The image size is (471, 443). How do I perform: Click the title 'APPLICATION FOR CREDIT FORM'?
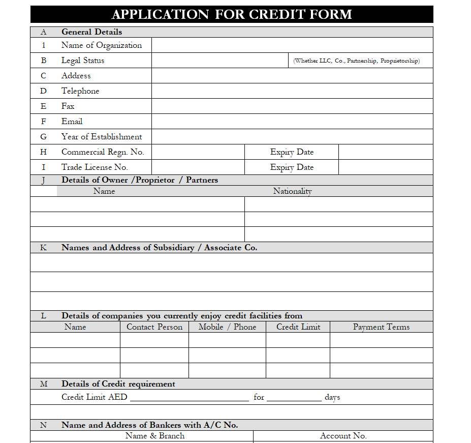click(232, 14)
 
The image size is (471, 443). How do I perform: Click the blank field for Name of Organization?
click(292, 45)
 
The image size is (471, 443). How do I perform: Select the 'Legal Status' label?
click(83, 61)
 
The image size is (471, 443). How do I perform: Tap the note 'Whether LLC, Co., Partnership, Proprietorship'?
click(356, 61)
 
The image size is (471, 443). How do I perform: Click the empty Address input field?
click(292, 76)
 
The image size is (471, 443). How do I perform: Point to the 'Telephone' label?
click(80, 91)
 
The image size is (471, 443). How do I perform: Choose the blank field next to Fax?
click(292, 106)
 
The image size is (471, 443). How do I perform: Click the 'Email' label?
click(72, 122)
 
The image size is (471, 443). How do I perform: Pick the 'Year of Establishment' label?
click(102, 137)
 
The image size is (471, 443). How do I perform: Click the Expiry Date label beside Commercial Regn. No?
click(292, 152)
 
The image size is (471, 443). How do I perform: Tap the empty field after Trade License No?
click(198, 167)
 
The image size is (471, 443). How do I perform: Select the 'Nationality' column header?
click(292, 191)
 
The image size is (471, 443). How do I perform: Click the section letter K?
click(43, 248)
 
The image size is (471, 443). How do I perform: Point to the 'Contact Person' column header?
click(154, 327)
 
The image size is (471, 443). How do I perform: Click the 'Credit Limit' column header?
click(298, 327)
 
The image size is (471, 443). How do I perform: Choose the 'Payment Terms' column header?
click(381, 327)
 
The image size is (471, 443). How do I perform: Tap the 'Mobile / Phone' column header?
click(227, 327)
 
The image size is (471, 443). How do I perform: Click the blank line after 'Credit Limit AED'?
click(189, 398)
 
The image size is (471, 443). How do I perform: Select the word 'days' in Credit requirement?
click(332, 397)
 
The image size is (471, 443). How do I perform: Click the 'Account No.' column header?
click(343, 436)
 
